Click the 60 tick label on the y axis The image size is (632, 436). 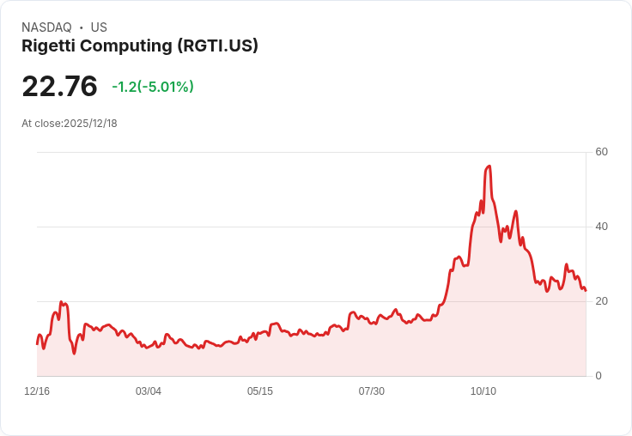[602, 152]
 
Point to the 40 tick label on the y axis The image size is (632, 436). [602, 227]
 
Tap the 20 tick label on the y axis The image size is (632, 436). [602, 301]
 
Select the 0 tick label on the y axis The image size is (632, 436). [599, 376]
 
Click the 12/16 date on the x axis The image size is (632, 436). [37, 391]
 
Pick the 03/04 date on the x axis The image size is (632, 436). [149, 391]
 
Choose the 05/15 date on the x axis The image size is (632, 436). [260, 391]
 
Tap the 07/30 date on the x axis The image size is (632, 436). [372, 391]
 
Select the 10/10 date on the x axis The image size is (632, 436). [483, 391]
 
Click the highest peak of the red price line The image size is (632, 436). [489, 166]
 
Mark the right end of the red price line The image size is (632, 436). [586, 290]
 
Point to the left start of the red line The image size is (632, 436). [37, 343]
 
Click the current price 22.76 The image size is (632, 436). [59, 87]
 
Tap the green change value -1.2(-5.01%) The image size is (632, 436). [153, 87]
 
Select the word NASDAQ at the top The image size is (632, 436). [46, 27]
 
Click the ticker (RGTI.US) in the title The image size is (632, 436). [218, 45]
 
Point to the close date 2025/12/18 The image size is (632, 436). [90, 124]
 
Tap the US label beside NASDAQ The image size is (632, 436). [99, 27]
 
